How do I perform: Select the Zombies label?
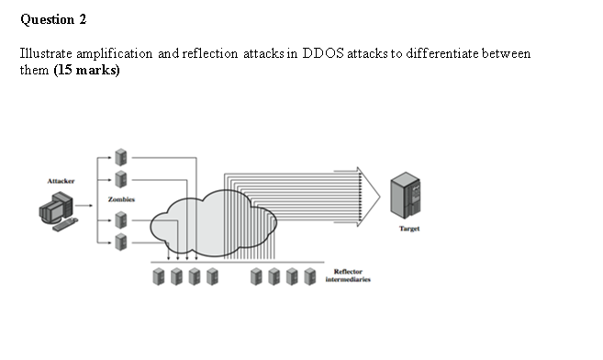(121, 198)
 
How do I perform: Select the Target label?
(409, 229)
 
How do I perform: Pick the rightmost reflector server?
(310, 276)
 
